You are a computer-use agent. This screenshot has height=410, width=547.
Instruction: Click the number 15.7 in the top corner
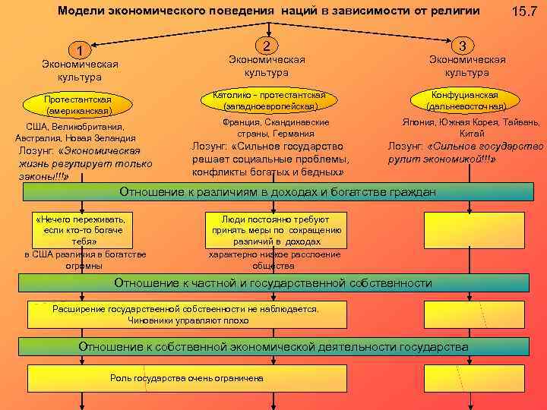tap(524, 13)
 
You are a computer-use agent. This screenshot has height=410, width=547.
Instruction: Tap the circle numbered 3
tap(467, 45)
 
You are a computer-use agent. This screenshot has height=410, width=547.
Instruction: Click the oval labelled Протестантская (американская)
tap(77, 105)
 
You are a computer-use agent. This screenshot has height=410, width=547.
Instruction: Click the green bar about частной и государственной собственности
tap(273, 283)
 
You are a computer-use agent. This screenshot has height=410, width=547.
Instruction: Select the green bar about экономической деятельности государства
tap(273, 347)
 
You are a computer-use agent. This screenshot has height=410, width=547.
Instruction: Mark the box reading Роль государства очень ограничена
tap(187, 378)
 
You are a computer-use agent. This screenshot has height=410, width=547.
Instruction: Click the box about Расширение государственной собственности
tap(187, 314)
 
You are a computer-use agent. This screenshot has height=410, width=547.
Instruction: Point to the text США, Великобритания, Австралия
tap(75, 132)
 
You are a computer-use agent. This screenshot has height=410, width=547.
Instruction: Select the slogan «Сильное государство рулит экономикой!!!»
tap(465, 152)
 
